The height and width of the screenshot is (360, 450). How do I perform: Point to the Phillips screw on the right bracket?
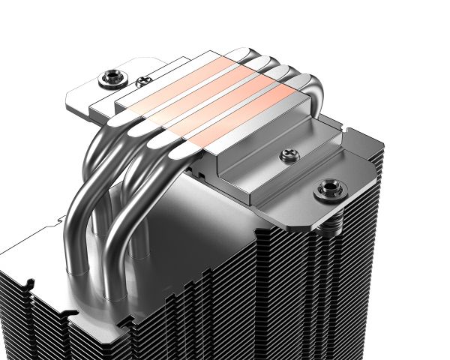(286, 156)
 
